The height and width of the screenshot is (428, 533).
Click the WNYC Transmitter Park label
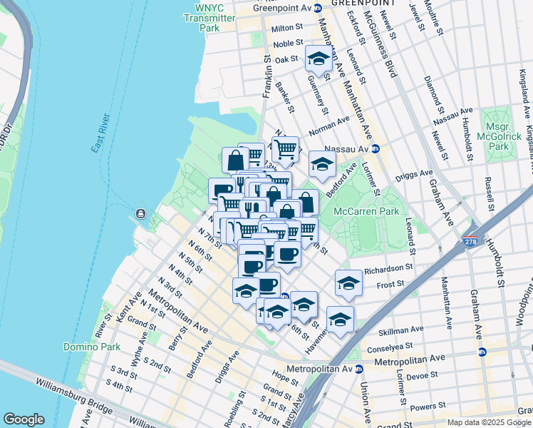point(209,18)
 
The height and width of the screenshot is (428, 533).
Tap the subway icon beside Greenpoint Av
point(318,7)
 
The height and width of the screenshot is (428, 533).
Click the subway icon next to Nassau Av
point(375,149)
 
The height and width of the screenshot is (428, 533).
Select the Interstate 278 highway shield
point(470,243)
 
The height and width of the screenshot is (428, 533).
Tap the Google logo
point(24,419)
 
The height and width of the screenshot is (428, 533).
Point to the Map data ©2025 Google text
point(490,422)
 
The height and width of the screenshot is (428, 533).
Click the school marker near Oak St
point(318,58)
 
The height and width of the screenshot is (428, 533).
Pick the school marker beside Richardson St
point(348,282)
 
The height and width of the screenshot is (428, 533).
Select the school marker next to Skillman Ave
point(340,319)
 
